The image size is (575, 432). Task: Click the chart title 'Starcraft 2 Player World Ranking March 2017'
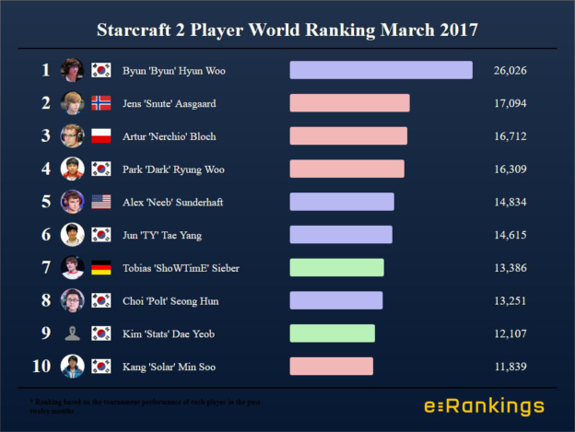pyautogui.click(x=287, y=29)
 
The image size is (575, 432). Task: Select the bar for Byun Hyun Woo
pyautogui.click(x=381, y=70)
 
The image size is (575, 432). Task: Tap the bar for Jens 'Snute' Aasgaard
pyautogui.click(x=349, y=103)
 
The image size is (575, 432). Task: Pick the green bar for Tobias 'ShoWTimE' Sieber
pyautogui.click(x=336, y=267)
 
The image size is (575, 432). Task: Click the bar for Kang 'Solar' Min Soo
pyautogui.click(x=331, y=367)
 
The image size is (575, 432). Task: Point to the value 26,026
pyautogui.click(x=510, y=70)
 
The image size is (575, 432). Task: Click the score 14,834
pyautogui.click(x=510, y=202)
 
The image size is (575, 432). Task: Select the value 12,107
pyautogui.click(x=510, y=333)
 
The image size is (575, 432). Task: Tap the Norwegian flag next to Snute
pyautogui.click(x=100, y=103)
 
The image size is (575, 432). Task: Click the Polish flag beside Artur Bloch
pyautogui.click(x=100, y=136)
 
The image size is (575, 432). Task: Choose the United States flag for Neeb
pyautogui.click(x=100, y=202)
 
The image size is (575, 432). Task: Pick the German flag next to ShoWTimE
pyautogui.click(x=100, y=267)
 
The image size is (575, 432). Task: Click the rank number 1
pyautogui.click(x=45, y=70)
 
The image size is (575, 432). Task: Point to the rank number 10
pyautogui.click(x=41, y=367)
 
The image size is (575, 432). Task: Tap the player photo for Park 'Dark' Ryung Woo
pyautogui.click(x=72, y=169)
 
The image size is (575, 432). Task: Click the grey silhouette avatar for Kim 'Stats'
pyautogui.click(x=72, y=333)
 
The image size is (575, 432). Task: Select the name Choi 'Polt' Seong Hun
pyautogui.click(x=172, y=301)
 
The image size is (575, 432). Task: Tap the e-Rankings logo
pyautogui.click(x=484, y=406)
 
